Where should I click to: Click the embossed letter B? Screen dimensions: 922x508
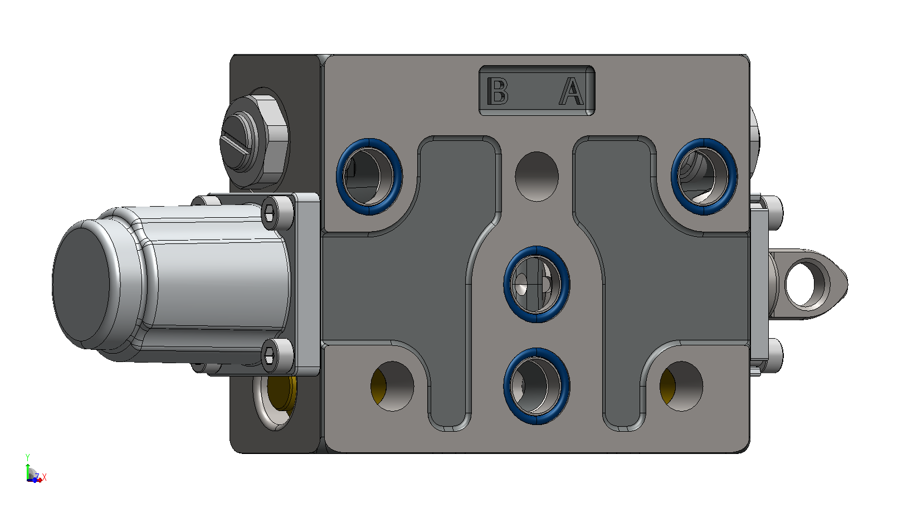497,91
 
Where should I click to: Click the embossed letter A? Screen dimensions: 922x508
572,91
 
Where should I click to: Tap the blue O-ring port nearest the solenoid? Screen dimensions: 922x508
369,177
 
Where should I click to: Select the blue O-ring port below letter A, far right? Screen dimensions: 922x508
704,177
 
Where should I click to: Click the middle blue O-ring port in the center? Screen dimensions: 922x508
536,284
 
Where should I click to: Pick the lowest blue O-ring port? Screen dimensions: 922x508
536,386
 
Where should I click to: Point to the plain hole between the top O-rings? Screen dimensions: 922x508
536,176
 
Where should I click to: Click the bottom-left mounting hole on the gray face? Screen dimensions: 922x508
392,386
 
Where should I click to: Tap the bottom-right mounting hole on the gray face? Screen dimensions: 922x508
681,386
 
